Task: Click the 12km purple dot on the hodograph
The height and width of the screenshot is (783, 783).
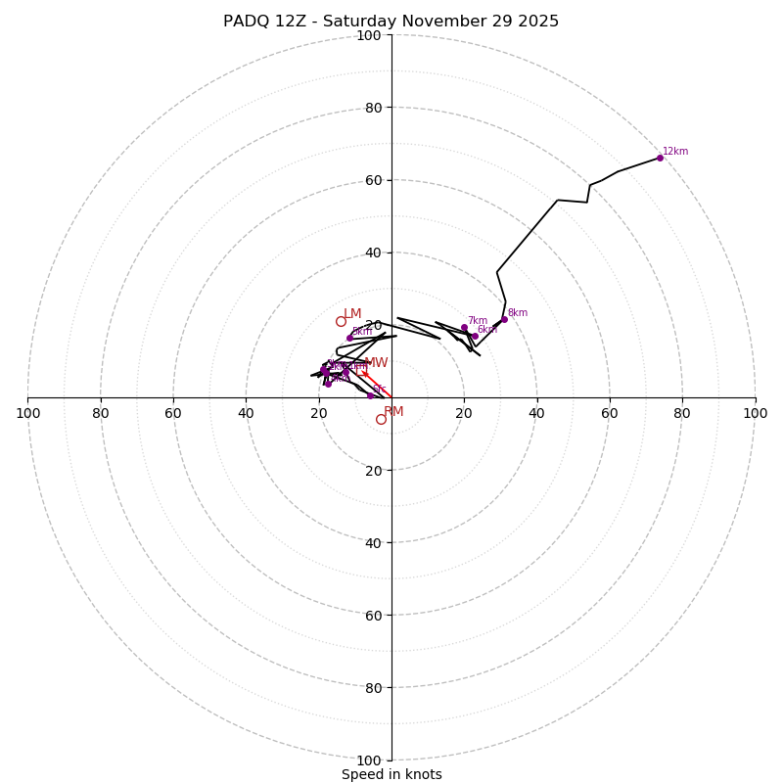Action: pos(660,158)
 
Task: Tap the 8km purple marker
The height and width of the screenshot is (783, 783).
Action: pos(504,319)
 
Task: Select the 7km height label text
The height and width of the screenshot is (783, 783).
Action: pos(477,321)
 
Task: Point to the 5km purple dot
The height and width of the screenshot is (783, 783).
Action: pos(349,338)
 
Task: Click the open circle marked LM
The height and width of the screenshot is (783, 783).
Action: pos(341,321)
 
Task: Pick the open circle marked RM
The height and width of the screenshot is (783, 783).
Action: pos(381,419)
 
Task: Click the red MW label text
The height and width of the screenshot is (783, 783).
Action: pos(377,363)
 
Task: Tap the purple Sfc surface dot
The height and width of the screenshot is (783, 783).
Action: pos(370,395)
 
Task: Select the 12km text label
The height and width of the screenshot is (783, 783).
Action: pos(675,152)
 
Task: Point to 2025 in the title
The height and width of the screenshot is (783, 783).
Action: pos(537,22)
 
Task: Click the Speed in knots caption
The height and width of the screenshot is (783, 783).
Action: pos(391,774)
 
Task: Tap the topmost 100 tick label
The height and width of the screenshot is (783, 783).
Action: pos(369,35)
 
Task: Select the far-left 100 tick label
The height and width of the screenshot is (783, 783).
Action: pos(27,413)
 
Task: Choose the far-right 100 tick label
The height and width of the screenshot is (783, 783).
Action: pos(755,413)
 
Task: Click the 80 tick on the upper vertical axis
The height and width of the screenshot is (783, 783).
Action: pos(373,108)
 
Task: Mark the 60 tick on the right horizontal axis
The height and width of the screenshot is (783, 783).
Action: pos(610,413)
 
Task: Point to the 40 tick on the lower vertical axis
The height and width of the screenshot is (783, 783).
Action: pos(373,542)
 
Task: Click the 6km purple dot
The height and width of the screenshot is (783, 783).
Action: pos(475,336)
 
